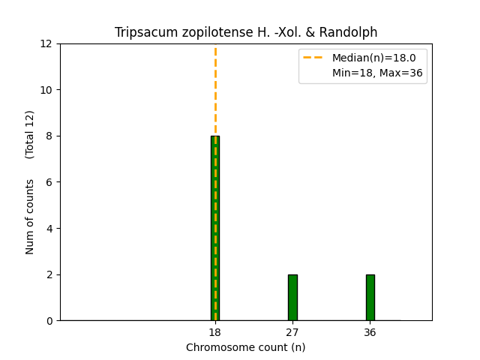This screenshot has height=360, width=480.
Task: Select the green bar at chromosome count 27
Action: (292, 298)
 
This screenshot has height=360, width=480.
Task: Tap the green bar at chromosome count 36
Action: (370, 298)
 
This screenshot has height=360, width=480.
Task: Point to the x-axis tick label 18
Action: (215, 332)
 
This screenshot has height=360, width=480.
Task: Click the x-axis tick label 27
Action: (292, 332)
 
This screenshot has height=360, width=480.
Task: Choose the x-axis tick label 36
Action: (370, 332)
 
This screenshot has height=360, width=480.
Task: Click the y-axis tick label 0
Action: (51, 321)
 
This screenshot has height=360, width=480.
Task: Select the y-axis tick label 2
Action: (51, 274)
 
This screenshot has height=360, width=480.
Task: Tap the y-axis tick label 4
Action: (51, 229)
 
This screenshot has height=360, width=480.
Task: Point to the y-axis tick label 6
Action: (51, 182)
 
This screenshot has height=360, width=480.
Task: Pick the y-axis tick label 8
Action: (51, 136)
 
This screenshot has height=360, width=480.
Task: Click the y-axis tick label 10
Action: (48, 90)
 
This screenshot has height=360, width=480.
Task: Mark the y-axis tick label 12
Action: (48, 43)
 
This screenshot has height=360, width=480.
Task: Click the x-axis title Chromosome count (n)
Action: (246, 347)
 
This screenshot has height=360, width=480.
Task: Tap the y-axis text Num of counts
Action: (30, 217)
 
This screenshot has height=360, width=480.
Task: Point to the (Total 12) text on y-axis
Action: (30, 134)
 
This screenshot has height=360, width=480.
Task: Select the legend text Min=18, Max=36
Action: (377, 73)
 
